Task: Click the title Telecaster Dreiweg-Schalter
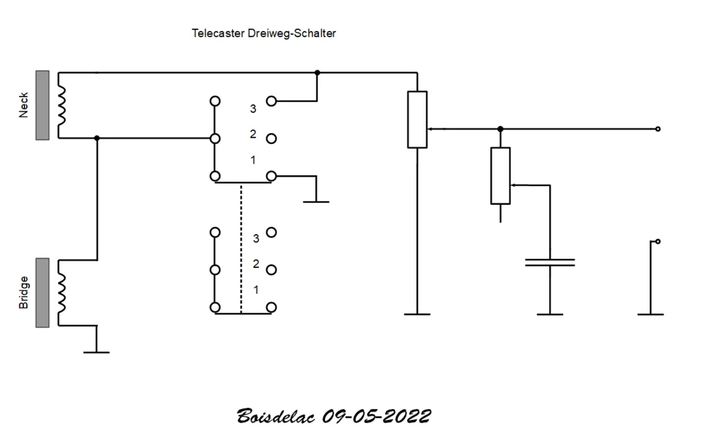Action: click(264, 33)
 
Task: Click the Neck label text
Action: click(24, 105)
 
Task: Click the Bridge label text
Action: click(24, 293)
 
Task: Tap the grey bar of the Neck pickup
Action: click(43, 105)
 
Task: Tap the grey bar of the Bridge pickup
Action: click(43, 293)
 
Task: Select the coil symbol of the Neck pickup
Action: click(62, 106)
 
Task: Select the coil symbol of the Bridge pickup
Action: click(62, 293)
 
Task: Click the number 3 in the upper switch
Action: click(253, 109)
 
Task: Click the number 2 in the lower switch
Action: click(256, 264)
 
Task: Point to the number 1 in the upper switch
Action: click(253, 161)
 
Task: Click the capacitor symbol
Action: click(550, 262)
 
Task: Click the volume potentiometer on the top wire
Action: click(417, 119)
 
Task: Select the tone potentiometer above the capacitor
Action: click(500, 175)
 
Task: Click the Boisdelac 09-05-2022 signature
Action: click(333, 416)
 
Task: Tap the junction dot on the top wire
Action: click(317, 73)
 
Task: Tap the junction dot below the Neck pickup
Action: click(97, 138)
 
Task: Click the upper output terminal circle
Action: click(658, 129)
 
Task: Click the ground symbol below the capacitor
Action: click(550, 314)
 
